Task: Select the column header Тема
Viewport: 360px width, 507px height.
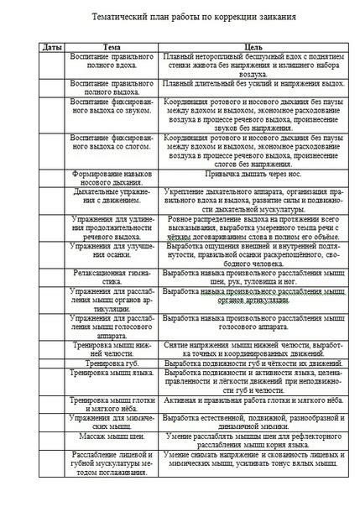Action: (112, 47)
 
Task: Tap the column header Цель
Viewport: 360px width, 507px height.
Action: (248, 47)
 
